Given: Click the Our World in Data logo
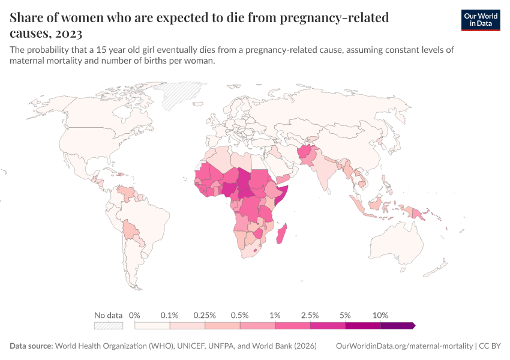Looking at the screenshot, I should [480, 20].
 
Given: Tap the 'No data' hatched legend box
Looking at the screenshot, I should [109, 326].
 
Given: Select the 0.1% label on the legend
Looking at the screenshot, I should [170, 315].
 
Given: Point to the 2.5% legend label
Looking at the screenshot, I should [310, 315].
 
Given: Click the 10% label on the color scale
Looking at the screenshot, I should [380, 315].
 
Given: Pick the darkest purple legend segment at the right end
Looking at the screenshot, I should [398, 326].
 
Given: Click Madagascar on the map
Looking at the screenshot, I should [281, 233].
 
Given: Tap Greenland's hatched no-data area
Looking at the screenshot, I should [184, 92].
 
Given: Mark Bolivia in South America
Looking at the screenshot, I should [130, 229].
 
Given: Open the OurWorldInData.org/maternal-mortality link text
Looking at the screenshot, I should [404, 346].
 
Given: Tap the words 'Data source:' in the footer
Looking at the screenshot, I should [31, 346].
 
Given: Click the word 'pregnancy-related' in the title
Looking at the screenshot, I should [335, 17].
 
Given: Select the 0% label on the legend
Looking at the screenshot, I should [134, 315].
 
